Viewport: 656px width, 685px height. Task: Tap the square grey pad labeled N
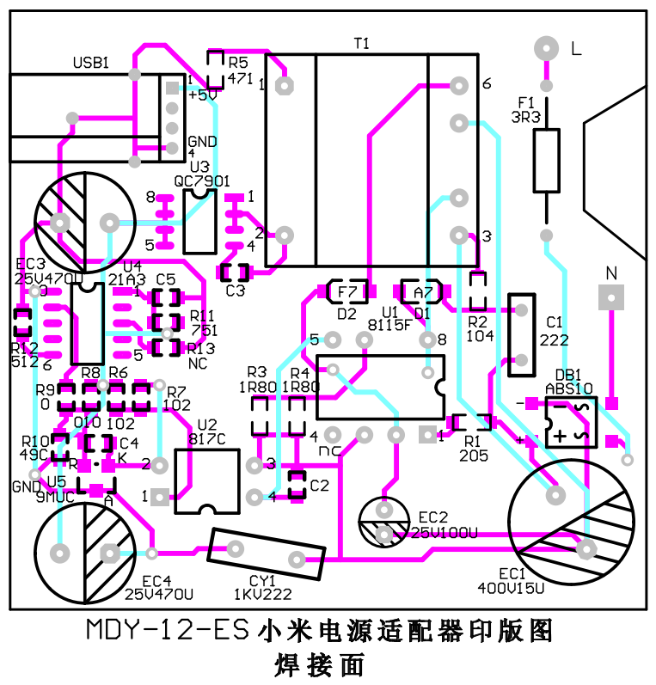[610, 297]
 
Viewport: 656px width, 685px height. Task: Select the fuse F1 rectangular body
[546, 161]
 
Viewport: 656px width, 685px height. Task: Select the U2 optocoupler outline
[206, 481]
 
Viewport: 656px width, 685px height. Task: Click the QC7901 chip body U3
[199, 221]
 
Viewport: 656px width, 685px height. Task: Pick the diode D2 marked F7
[347, 292]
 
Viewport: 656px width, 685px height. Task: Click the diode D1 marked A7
[420, 292]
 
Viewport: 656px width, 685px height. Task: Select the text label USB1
[91, 63]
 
